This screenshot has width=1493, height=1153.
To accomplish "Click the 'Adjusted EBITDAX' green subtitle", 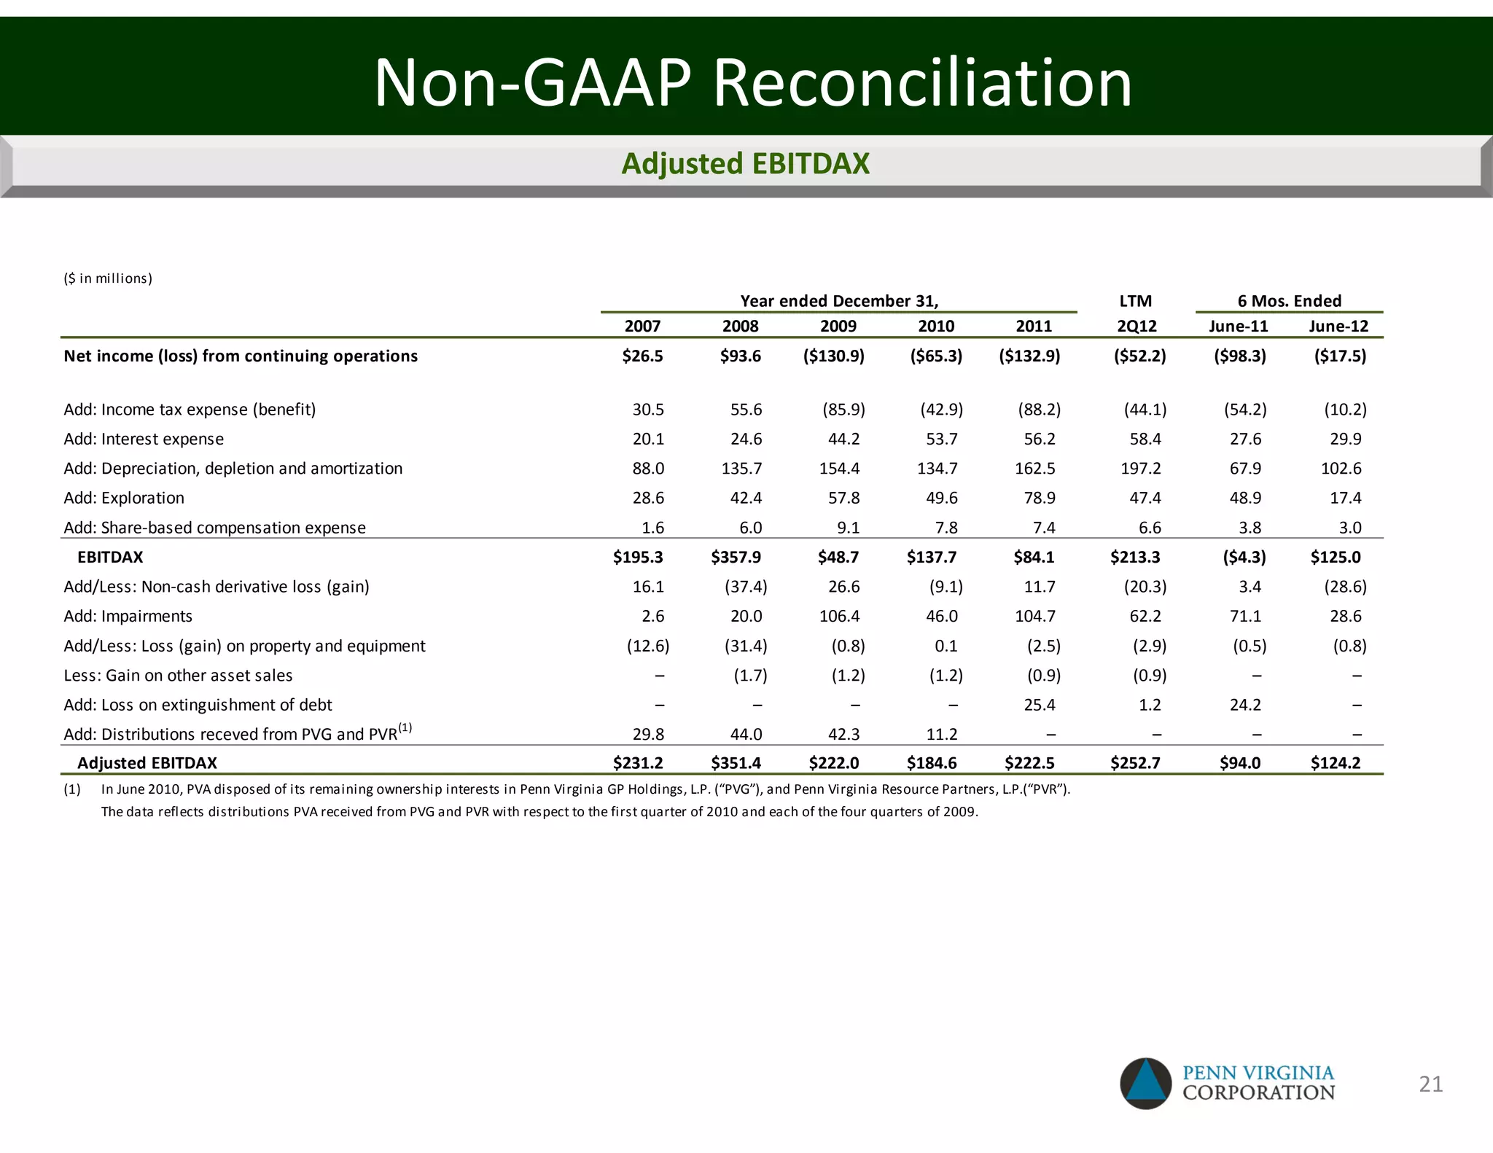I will click(745, 164).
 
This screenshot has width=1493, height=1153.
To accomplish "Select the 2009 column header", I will click(838, 326).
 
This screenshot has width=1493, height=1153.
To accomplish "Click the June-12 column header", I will click(1338, 326).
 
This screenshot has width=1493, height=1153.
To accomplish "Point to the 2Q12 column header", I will click(1137, 326).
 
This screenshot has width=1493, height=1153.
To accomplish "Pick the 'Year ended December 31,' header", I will click(839, 301).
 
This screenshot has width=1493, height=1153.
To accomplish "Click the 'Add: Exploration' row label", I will click(124, 498).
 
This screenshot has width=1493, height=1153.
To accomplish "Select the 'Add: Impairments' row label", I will click(128, 616).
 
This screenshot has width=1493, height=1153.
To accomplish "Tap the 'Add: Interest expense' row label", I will click(144, 439).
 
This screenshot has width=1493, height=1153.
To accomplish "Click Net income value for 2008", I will click(741, 356).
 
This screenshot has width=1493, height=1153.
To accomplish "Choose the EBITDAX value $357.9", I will click(736, 557).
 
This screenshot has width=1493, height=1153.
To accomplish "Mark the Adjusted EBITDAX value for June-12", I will click(1336, 763).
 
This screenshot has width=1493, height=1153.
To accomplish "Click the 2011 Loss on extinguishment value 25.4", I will click(1040, 705).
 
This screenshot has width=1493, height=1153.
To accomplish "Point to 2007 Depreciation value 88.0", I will click(648, 468).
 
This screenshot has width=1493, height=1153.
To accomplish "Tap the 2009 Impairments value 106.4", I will click(839, 616).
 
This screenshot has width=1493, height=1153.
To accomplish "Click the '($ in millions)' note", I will click(108, 278).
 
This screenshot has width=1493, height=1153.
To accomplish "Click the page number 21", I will click(1431, 1084).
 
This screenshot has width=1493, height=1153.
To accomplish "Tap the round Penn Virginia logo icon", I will click(1146, 1084).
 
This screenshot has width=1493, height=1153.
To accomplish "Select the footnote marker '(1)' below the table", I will click(72, 789).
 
